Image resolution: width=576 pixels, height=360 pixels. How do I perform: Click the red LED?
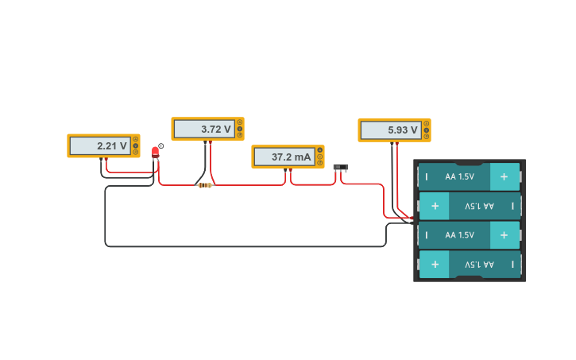[x=155, y=151]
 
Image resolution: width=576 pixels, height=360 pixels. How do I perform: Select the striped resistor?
[x=205, y=185]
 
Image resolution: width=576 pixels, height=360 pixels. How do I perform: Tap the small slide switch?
[x=340, y=167]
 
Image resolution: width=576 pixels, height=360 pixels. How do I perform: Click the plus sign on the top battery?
[x=504, y=176]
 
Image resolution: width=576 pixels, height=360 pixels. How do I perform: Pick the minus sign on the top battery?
[x=427, y=176]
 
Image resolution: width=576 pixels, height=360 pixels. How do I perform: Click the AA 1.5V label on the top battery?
[x=459, y=176]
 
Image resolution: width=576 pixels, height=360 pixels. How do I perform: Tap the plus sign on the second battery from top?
[x=434, y=206]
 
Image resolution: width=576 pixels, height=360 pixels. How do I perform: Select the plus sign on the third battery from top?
[x=504, y=234]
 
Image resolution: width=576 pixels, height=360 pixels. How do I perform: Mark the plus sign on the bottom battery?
[x=434, y=264]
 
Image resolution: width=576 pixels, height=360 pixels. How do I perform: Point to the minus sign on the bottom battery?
[x=512, y=264]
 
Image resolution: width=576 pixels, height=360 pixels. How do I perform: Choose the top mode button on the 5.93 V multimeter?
[x=427, y=123]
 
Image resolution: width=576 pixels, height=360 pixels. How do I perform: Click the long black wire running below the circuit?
[x=238, y=246]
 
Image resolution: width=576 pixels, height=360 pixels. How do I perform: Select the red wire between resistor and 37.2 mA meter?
[x=246, y=185]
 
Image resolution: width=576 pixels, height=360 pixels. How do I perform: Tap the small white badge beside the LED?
[x=161, y=145]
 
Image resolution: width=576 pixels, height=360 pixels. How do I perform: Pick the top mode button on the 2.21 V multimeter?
[x=136, y=139]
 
